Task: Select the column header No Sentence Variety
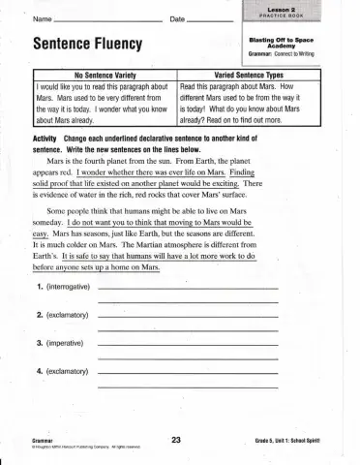pos(105,75)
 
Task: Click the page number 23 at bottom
pos(176,440)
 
